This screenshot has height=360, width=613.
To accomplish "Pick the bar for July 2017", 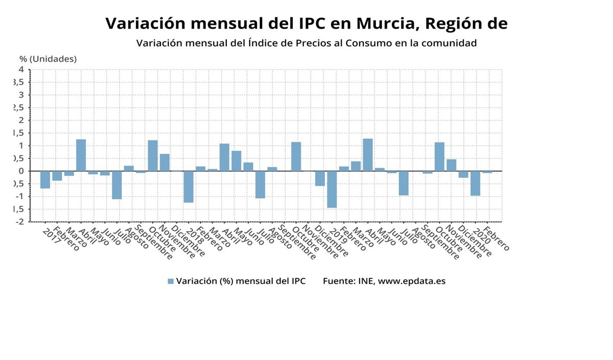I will pyautogui.click(x=116, y=185).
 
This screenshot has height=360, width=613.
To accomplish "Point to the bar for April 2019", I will pyautogui.click(x=367, y=155).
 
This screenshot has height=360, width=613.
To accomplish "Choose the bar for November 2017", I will pyautogui.click(x=164, y=162).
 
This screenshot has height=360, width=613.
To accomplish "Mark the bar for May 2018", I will pyautogui.click(x=236, y=161).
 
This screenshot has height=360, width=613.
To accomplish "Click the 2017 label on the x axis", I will pyautogui.click(x=51, y=235).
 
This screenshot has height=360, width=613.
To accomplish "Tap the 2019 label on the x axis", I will pyautogui.click(x=338, y=235).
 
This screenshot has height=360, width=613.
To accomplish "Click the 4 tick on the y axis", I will pyautogui.click(x=21, y=69).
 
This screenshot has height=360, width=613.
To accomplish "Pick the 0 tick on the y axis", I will pyautogui.click(x=21, y=171).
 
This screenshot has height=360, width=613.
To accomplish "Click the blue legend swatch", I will pyautogui.click(x=171, y=281).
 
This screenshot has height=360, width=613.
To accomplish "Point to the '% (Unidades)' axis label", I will pyautogui.click(x=48, y=59).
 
